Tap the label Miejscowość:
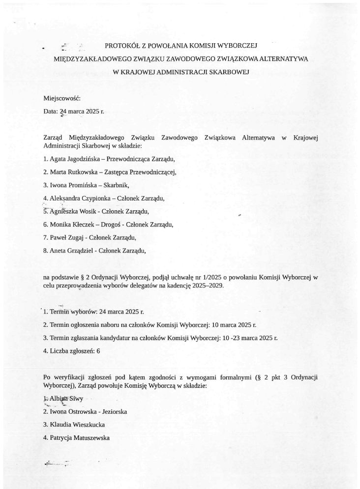tap(62, 98)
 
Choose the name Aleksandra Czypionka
tap(81, 198)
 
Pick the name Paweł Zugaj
tap(67, 237)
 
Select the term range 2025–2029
tap(207, 286)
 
